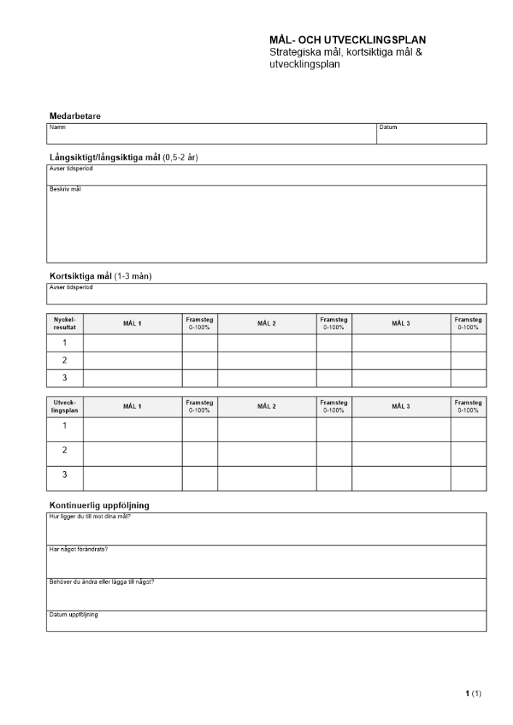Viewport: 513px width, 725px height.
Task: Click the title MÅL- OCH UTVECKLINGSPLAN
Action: [x=348, y=41]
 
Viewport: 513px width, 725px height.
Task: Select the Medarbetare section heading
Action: [x=75, y=116]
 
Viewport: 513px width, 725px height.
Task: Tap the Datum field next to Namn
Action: [x=431, y=134]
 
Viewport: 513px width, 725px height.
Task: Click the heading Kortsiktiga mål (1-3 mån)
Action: [x=100, y=276]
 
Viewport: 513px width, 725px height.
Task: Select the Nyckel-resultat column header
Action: [x=65, y=323]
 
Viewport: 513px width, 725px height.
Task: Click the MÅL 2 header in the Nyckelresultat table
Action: [x=266, y=323]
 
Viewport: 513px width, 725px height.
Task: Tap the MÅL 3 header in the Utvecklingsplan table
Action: [x=401, y=407]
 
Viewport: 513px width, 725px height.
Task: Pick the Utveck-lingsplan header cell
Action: [x=65, y=407]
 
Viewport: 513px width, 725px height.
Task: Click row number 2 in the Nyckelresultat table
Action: [x=65, y=360]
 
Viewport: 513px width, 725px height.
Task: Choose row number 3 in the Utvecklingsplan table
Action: [x=65, y=475]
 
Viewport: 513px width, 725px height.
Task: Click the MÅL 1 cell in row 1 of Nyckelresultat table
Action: [x=132, y=343]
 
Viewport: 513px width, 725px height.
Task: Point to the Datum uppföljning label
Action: [x=73, y=615]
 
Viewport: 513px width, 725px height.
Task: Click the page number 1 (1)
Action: [x=473, y=694]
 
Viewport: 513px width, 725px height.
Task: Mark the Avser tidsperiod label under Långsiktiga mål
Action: [x=71, y=168]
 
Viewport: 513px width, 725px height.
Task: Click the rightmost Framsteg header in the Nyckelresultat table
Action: [x=468, y=323]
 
